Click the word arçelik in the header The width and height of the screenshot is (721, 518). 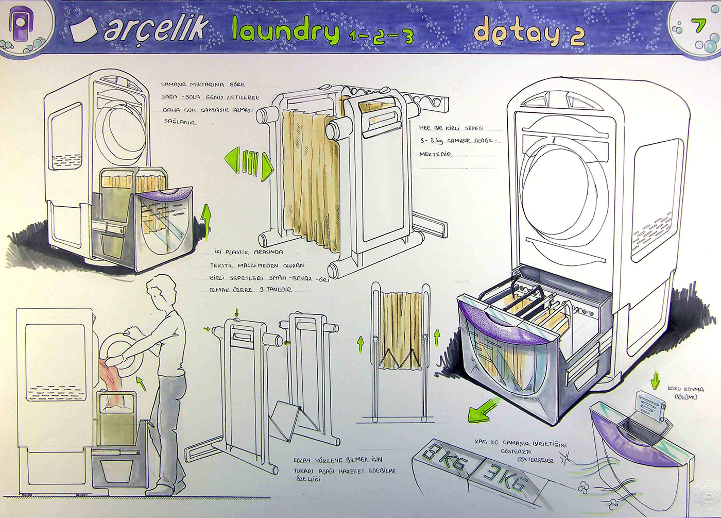pyautogui.click(x=157, y=28)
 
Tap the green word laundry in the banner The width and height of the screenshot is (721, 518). pyautogui.click(x=285, y=30)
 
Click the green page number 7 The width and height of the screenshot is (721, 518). pyautogui.click(x=698, y=25)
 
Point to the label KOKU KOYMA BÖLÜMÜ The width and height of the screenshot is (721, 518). pyautogui.click(x=685, y=393)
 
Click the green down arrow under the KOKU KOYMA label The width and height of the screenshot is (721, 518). pyautogui.click(x=655, y=381)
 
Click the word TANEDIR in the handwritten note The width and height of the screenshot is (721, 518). pyautogui.click(x=280, y=290)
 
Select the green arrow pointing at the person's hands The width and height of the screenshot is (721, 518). pyautogui.click(x=140, y=382)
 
